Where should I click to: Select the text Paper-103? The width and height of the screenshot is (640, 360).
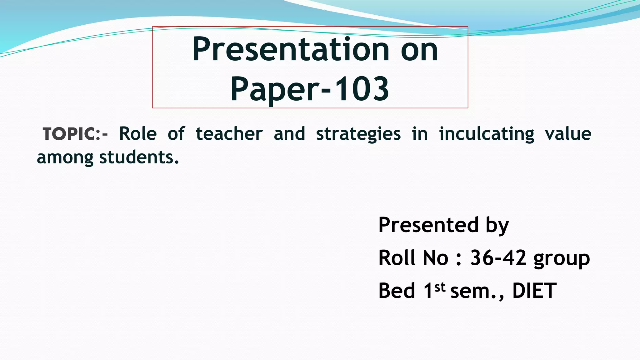[310, 89]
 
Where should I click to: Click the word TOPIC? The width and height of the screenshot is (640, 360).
[69, 134]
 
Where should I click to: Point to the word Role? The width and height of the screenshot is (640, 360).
[138, 134]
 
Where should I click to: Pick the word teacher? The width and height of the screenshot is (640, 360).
[229, 134]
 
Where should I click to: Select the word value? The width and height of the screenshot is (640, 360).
[568, 134]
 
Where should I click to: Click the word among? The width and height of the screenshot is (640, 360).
[65, 157]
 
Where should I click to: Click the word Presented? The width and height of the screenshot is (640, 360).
[428, 225]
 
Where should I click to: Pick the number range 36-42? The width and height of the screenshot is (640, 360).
[498, 258]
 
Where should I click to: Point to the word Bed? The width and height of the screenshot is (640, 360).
[397, 291]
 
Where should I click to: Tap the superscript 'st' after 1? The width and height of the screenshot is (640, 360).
[440, 287]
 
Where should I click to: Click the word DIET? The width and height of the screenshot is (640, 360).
[534, 291]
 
